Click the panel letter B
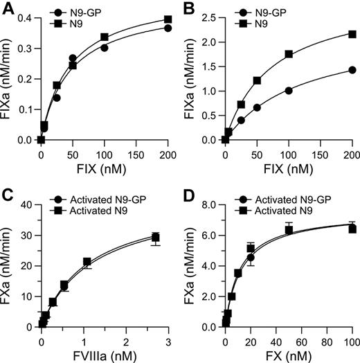(x=190, y=8)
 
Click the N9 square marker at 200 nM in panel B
(x=352, y=34)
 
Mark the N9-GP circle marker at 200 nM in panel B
(x=352, y=70)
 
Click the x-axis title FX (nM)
(x=289, y=355)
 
